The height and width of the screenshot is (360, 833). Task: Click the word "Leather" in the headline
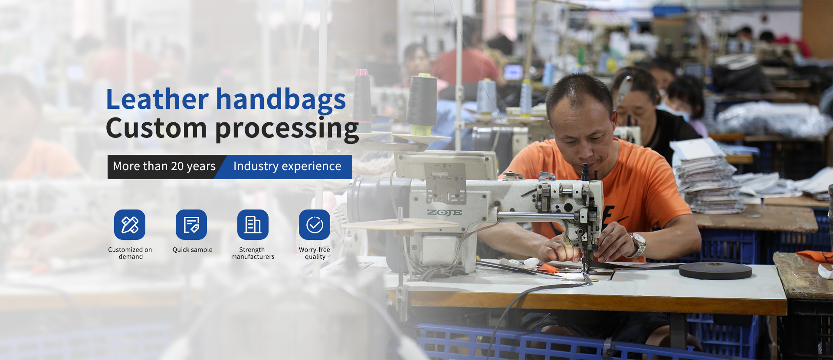pos(157,99)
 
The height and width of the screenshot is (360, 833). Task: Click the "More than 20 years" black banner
pos(164,167)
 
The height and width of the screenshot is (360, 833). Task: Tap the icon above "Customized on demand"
pos(130,225)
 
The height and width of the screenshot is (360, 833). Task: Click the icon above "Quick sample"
pos(191,225)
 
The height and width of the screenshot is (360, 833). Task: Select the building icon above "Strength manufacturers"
pos(253,225)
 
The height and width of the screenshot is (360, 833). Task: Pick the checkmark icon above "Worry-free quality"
pos(315,225)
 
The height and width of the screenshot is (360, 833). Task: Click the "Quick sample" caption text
pos(193,250)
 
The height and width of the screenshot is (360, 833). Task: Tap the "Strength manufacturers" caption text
pos(253,253)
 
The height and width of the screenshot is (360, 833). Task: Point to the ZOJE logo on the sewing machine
pos(444,213)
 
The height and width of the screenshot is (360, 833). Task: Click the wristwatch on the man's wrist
pos(638,244)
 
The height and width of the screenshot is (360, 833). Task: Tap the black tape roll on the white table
pos(715,270)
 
